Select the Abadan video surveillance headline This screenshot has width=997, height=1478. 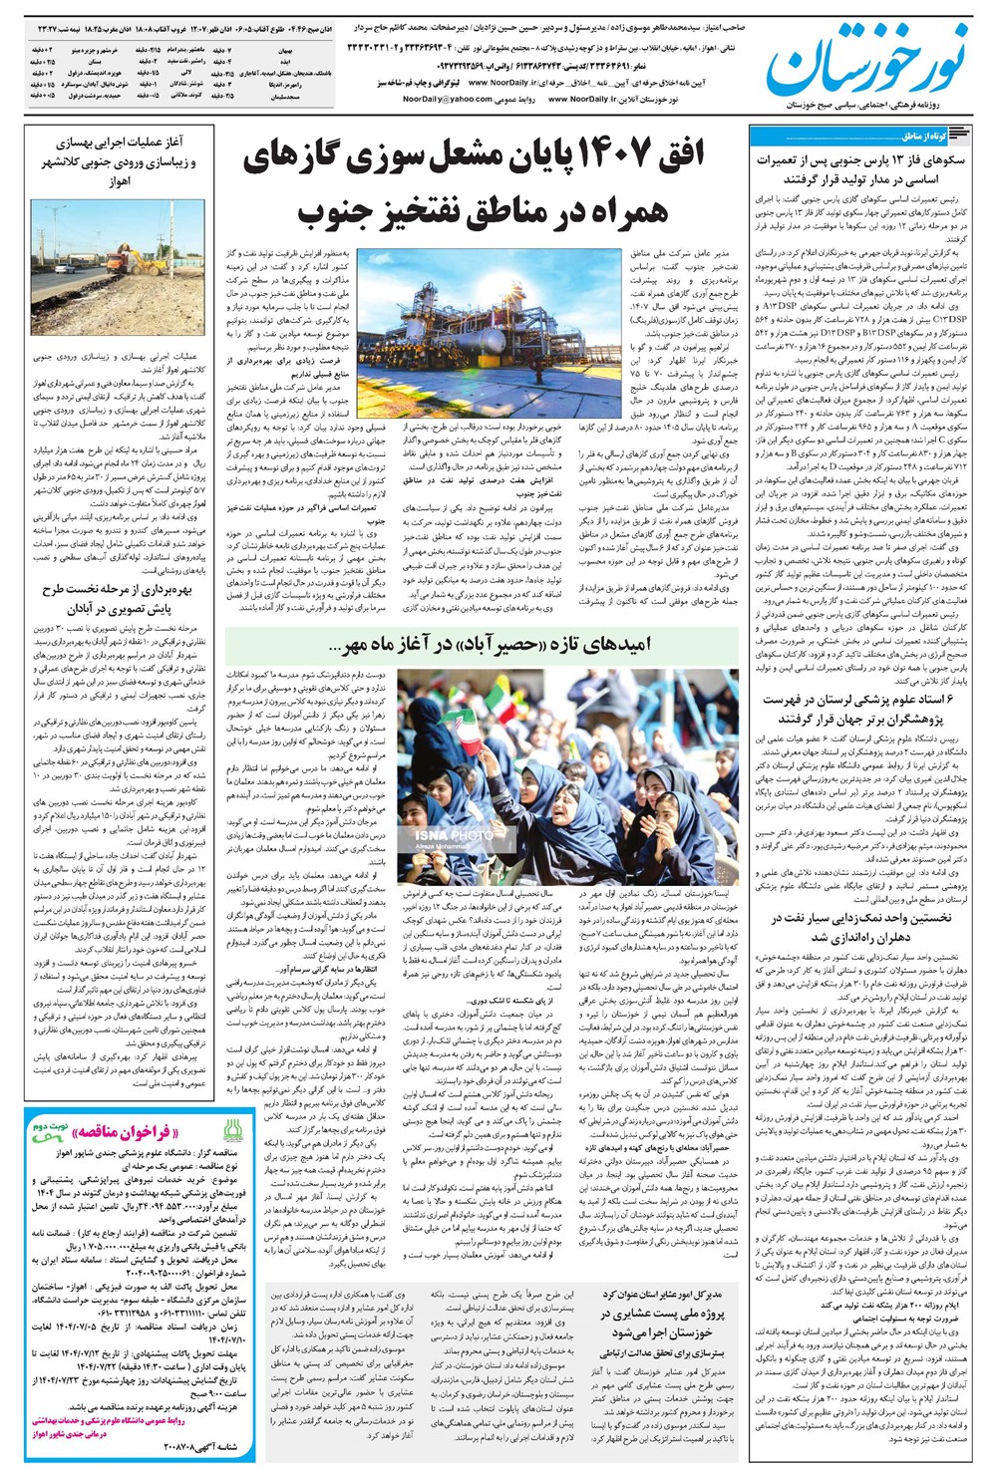point(120,597)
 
